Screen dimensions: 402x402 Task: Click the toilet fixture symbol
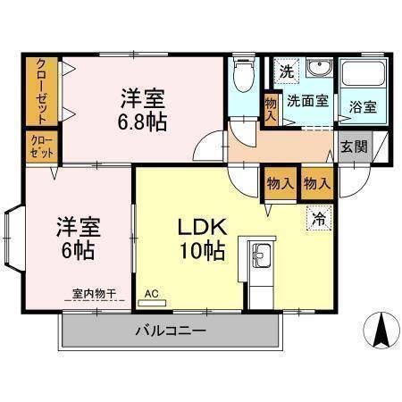pyautogui.click(x=241, y=79)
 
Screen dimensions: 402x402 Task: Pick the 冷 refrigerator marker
pyautogui.click(x=317, y=216)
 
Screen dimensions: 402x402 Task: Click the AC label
pyautogui.click(x=151, y=292)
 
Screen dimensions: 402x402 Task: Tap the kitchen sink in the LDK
pyautogui.click(x=261, y=260)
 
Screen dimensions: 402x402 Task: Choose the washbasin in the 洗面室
pyautogui.click(x=318, y=71)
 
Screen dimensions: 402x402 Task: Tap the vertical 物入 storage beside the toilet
pyautogui.click(x=270, y=106)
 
